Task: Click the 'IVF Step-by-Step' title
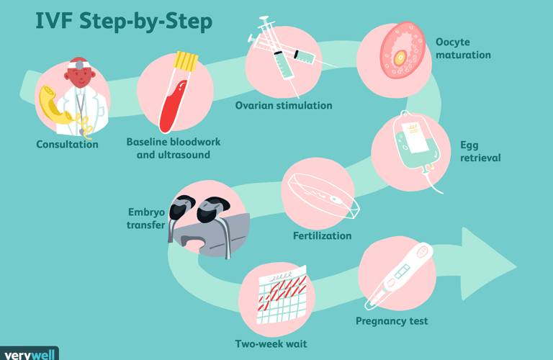123,22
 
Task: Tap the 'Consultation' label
68,145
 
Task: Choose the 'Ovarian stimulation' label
284,106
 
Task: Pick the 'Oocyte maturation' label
462,48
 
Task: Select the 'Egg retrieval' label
480,151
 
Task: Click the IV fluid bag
412,145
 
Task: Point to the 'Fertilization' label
322,235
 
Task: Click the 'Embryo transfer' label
148,219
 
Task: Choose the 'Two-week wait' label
271,344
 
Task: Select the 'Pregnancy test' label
392,321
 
